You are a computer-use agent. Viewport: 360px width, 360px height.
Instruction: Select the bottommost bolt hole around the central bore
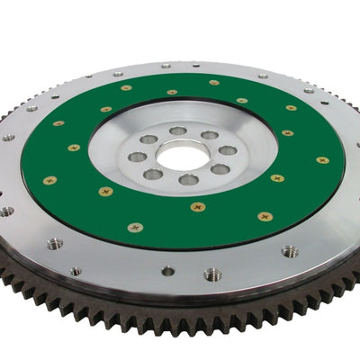coord(187,180)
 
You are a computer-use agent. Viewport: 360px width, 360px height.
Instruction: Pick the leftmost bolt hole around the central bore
coord(137,157)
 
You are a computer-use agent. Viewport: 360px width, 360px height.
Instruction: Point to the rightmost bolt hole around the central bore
coord(229,150)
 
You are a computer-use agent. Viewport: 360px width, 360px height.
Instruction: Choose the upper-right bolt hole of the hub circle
coord(209,135)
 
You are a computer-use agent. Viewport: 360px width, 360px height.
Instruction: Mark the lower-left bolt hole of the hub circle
coord(155,174)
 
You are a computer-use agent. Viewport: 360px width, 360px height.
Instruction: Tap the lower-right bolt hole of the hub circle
coord(220,168)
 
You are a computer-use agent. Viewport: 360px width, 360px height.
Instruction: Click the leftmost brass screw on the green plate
coord(49,180)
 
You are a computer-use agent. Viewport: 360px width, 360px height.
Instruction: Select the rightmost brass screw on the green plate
coord(322,160)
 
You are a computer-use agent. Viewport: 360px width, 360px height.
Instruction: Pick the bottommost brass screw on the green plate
coord(135,227)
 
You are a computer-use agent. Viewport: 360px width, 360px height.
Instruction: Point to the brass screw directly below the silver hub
coord(198,206)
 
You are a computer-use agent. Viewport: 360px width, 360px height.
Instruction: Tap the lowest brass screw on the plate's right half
coord(265,216)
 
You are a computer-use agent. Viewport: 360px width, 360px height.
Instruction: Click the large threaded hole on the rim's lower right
coord(290,251)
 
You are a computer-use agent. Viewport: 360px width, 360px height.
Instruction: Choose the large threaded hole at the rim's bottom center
coord(213,274)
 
